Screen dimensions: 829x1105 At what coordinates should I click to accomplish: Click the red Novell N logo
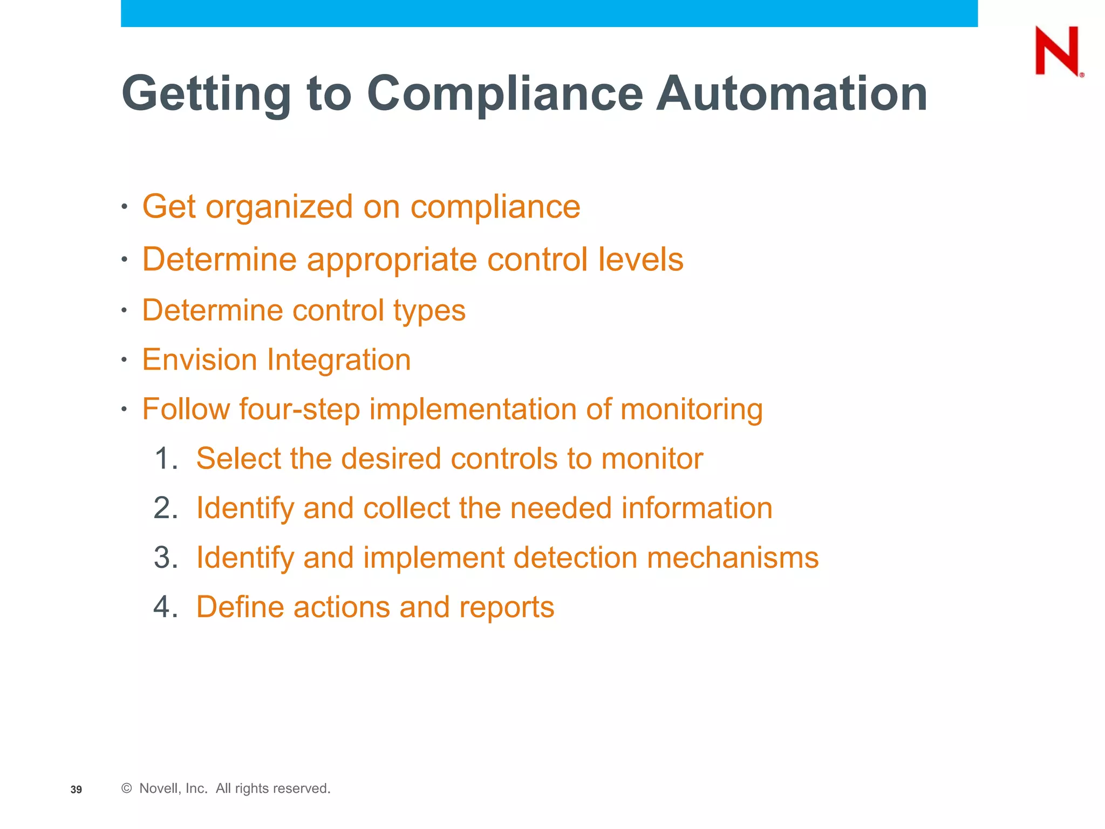point(1058,51)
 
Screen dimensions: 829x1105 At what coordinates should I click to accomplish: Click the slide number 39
point(76,790)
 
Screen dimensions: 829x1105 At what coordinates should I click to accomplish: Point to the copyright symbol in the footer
point(127,789)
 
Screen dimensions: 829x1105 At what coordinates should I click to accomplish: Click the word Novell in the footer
point(158,789)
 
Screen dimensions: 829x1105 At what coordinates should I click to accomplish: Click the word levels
point(640,260)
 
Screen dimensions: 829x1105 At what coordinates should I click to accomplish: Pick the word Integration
point(339,360)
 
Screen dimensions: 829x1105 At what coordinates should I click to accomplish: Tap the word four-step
point(299,409)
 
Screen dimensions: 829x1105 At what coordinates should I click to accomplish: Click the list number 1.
point(164,459)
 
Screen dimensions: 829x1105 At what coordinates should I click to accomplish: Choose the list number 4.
point(164,607)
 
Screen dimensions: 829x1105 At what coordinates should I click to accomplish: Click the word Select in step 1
point(237,459)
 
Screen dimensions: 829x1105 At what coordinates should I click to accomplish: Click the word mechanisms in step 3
point(732,558)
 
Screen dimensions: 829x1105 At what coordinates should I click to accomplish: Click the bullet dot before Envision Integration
point(124,359)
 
